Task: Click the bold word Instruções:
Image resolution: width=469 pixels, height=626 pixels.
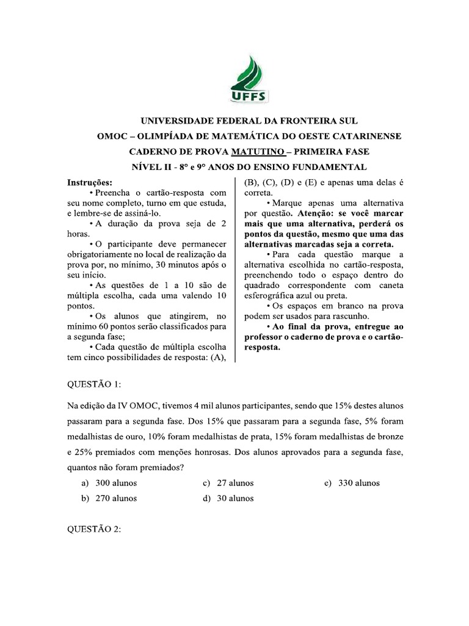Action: coord(90,182)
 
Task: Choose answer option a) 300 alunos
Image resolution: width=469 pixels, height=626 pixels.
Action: coord(110,483)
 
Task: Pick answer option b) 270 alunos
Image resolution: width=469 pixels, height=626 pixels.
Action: coord(110,498)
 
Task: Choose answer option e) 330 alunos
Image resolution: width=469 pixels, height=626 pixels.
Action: coord(352,483)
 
